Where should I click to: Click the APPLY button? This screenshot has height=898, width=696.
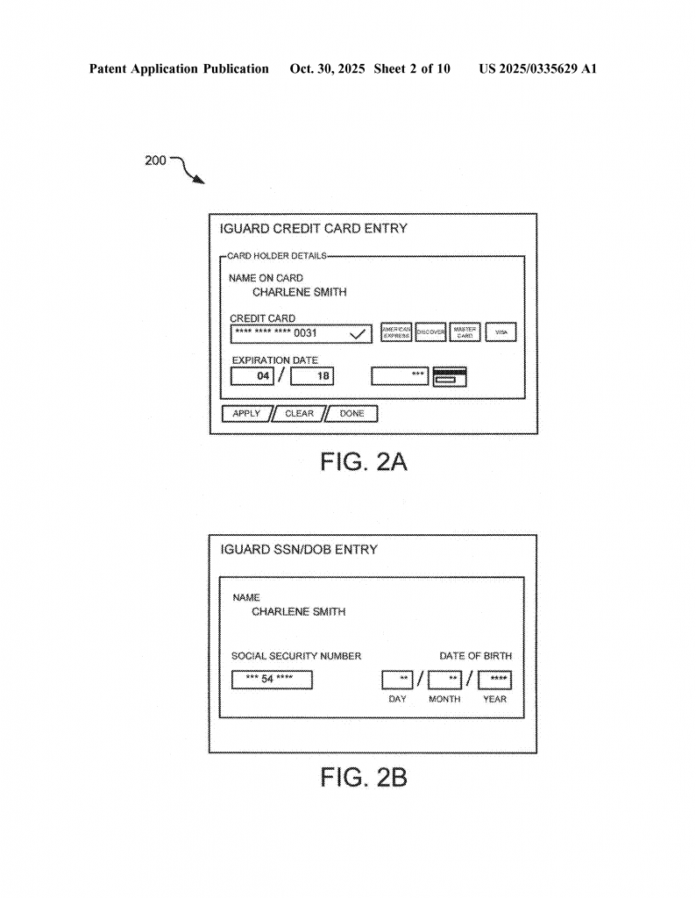(x=246, y=414)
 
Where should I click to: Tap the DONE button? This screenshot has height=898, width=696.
(x=352, y=414)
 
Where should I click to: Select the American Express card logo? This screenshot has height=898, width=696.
(x=396, y=333)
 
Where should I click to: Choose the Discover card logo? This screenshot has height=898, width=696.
(x=430, y=333)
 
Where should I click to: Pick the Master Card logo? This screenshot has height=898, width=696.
(x=465, y=333)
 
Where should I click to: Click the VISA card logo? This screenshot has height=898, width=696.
(x=501, y=333)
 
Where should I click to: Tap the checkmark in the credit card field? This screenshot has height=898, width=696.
(x=357, y=334)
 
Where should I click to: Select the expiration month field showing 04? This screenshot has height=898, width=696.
(x=252, y=376)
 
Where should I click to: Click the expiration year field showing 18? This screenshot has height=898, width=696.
(x=312, y=376)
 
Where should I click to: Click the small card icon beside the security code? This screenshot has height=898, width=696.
(x=451, y=377)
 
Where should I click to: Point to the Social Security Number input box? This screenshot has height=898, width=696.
(x=272, y=680)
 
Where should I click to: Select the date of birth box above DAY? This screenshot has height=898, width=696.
(x=397, y=680)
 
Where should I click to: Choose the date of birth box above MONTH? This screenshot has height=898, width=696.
(x=445, y=680)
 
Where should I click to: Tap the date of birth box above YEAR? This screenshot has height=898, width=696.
(x=495, y=680)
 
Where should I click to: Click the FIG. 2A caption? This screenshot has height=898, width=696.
(x=363, y=463)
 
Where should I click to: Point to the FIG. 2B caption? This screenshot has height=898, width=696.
(x=363, y=778)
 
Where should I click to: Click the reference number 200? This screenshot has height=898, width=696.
(x=154, y=161)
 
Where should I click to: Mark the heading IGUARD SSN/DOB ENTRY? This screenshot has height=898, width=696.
(x=299, y=550)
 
